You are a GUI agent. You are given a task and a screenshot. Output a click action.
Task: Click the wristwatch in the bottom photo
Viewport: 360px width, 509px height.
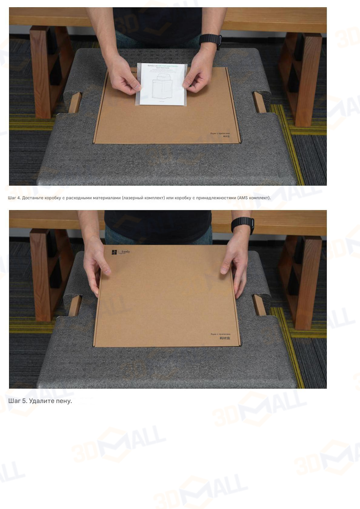coord(243,226)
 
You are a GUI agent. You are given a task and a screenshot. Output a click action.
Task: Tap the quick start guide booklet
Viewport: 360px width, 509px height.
coord(161,84)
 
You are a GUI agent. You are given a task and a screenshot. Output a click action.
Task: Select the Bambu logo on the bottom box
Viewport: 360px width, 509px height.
coord(114,252)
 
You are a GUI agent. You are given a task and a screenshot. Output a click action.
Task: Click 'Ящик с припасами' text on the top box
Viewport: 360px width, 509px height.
coord(220,133)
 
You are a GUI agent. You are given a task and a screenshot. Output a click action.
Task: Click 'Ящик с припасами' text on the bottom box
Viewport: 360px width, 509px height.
coord(220,334)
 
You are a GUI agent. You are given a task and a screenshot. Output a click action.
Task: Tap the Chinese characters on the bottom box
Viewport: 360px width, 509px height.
coord(225,338)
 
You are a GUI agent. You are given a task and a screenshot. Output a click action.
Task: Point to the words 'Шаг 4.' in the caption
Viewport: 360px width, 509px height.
coord(14,198)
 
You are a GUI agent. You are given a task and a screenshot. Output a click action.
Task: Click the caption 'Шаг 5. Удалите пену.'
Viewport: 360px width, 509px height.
coord(40,401)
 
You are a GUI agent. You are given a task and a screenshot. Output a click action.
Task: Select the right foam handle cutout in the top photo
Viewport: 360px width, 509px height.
coord(259,102)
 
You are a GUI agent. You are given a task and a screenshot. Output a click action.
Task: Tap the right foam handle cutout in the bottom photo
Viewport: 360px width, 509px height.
coord(259,305)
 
